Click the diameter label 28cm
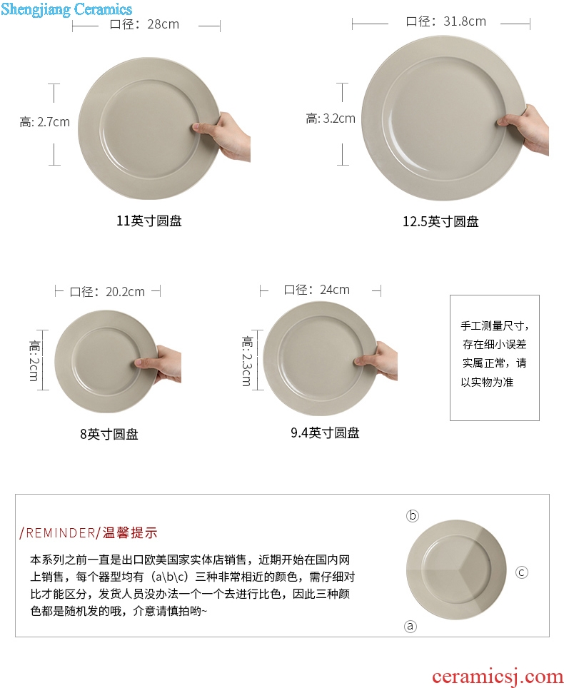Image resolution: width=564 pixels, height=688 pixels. coord(144,24)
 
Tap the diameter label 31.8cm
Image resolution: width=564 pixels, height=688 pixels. coord(445,21)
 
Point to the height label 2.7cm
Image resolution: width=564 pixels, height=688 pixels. coord(45,122)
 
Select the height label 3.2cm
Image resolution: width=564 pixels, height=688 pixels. coord(331,118)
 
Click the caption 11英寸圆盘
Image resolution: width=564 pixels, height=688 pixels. coord(148,221)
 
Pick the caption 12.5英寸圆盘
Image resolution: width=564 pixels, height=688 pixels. coord(440,221)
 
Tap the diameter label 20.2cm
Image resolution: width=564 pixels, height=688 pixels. coord(107,292)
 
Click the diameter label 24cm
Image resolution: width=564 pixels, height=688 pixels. coord(316,290)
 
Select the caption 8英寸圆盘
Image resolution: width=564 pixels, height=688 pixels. coord(109,435)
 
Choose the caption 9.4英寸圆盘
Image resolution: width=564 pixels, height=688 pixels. coord(325,433)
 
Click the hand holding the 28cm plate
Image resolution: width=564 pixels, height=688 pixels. coord(223,136)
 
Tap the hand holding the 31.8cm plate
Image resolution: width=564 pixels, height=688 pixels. coord(524,128)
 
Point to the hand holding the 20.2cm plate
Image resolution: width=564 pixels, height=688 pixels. coord(159,364)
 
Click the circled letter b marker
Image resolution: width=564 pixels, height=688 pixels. coord(413,515)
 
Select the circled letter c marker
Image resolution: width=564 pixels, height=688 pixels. coord(521,572)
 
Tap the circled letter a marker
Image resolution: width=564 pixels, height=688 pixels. coord(411,626)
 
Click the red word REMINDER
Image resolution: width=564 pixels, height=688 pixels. coord(61,533)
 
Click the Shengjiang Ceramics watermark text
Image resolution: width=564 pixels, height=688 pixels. coord(66,9)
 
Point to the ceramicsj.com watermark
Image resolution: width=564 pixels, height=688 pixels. coord(498,677)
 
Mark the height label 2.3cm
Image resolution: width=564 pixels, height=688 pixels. coord(247,361)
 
